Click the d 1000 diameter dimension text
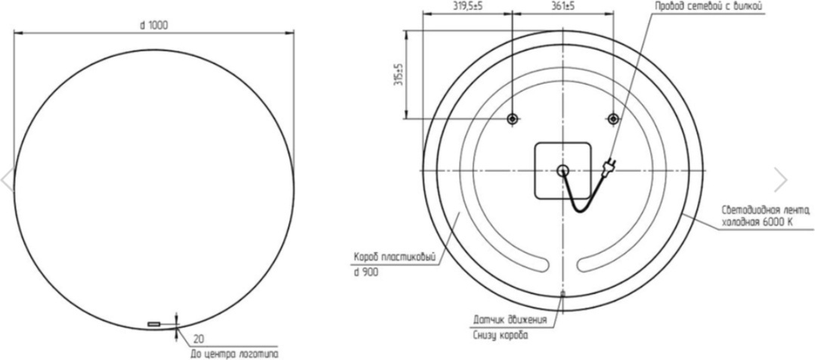tap(154, 25)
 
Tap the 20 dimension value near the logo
tap(199, 339)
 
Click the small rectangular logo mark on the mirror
tap(154, 324)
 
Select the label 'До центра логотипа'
tap(234, 354)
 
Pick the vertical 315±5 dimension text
tap(398, 74)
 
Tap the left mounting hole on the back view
tap(513, 119)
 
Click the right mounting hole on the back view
tap(613, 119)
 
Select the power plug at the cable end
tap(608, 167)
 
